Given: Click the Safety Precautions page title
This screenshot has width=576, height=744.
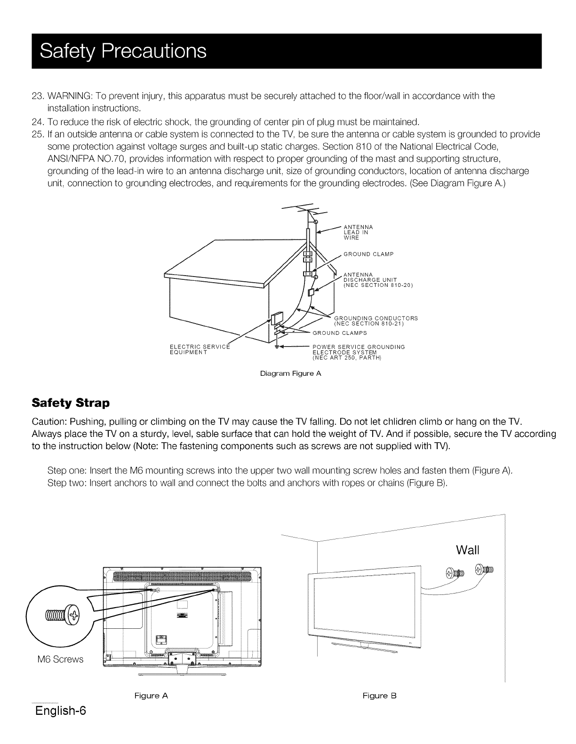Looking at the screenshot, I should coord(123,51).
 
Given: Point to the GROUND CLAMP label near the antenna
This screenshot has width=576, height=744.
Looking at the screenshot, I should coord(368,254).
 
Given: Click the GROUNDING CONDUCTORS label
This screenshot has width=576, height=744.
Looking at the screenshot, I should coord(376,321).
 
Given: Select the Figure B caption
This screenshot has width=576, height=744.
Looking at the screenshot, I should coord(380,696).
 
